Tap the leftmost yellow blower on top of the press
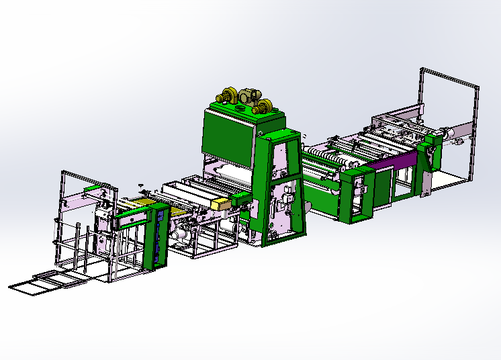click(x=226, y=97)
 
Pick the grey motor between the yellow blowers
click(x=249, y=97)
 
